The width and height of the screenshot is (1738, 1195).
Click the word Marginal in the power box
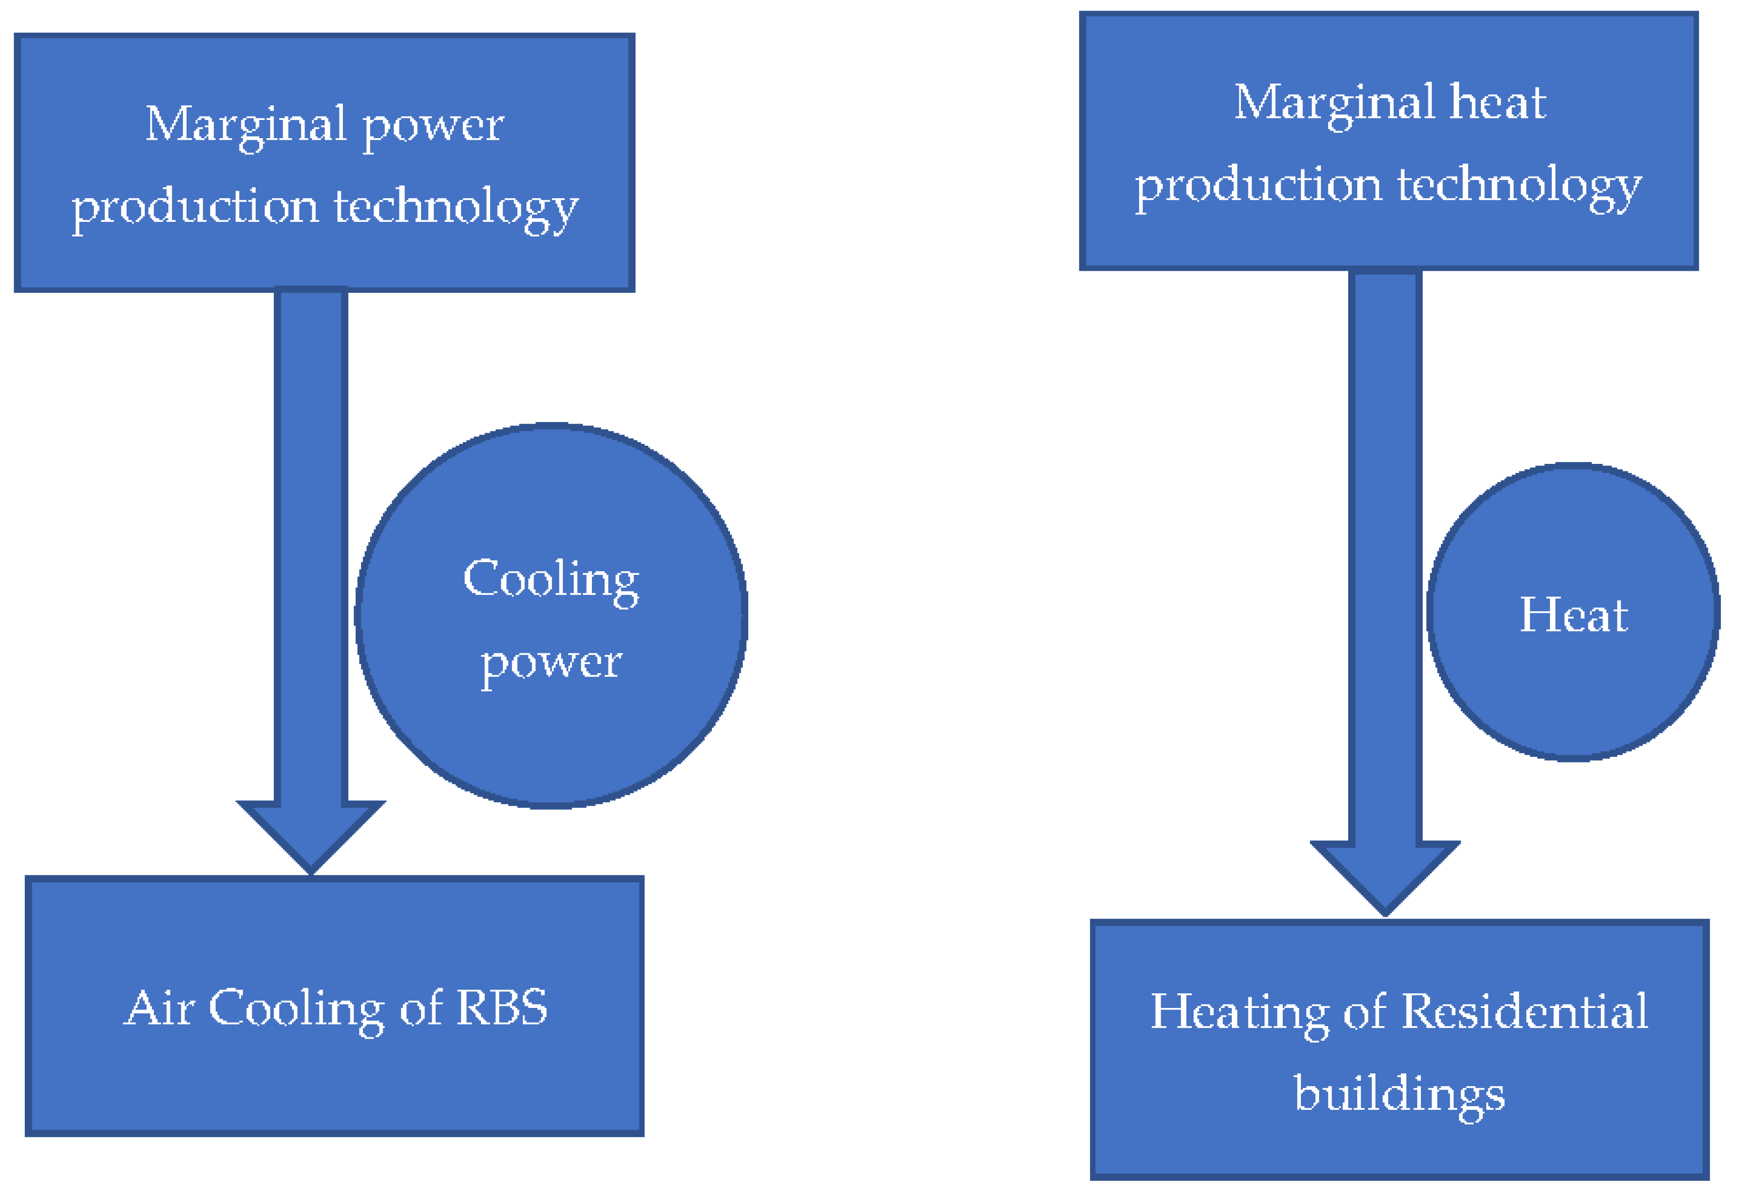(x=245, y=125)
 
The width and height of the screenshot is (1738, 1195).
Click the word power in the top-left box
(x=433, y=127)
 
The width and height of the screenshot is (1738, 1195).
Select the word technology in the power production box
(x=455, y=208)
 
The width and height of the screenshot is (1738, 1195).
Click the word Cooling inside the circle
(x=551, y=580)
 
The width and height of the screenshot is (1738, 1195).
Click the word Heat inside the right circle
(x=1573, y=616)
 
